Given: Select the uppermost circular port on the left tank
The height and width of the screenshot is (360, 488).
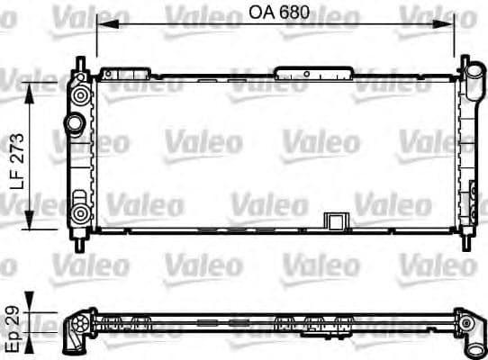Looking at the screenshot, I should pos(82,93).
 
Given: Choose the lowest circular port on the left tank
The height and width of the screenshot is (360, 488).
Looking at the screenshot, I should pos(81,213).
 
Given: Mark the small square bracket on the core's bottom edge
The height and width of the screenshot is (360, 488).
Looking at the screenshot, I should pos(335,222).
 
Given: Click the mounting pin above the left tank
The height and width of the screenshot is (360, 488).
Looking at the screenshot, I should pos(82,65).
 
